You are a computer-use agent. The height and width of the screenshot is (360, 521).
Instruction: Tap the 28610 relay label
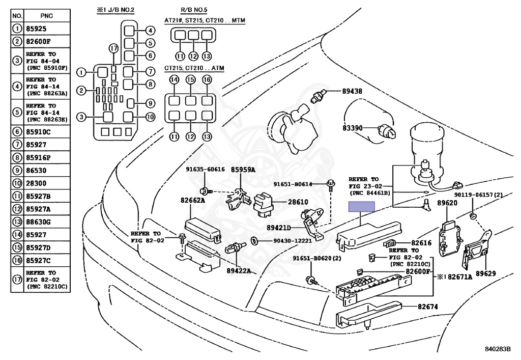pos(298,202)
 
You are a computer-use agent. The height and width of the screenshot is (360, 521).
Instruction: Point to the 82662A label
pos(192,201)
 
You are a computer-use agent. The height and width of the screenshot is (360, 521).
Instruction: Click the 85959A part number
pos(243,170)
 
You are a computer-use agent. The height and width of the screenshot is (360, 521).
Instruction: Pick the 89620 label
pos(448,203)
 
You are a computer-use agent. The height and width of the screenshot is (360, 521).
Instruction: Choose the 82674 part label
pos(428,307)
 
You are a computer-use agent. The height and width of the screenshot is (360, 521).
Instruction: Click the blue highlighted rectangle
pos(361,206)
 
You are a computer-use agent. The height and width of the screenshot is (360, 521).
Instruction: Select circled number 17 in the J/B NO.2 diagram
pos(113,48)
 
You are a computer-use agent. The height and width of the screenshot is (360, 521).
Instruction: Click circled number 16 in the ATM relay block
pos(207,80)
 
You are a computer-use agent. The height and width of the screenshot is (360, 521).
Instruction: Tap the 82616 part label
pos(421,243)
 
